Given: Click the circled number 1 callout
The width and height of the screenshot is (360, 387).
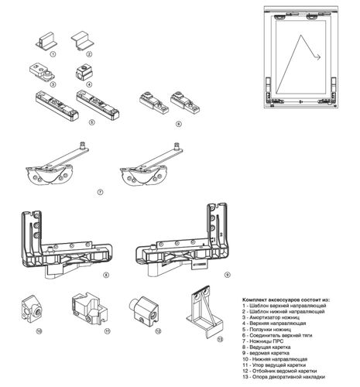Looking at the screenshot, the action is (53, 54).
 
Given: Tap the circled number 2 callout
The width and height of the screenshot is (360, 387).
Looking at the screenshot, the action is (89, 54).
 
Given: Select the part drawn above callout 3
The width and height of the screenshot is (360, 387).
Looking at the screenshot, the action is (42, 73).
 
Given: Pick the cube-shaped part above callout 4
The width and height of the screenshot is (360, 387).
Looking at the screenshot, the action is (84, 72).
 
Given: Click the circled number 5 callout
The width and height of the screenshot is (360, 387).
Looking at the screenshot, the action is (92, 122).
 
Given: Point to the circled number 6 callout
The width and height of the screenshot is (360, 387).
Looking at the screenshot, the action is (179, 124).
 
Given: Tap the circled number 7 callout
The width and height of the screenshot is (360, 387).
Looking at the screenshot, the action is (100, 192).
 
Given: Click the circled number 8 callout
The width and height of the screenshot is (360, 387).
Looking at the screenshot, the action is (106, 275).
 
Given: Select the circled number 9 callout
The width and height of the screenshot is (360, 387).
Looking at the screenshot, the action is (227, 275).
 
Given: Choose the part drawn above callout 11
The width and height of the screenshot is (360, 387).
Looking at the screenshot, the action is (89, 309).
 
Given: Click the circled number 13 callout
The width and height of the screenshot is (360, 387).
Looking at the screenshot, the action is (220, 339).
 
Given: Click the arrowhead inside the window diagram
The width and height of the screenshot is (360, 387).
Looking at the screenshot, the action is (318, 57).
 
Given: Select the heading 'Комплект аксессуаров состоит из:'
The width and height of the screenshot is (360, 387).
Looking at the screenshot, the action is (286, 300).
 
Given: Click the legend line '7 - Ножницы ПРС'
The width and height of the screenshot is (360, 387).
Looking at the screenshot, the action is (262, 341).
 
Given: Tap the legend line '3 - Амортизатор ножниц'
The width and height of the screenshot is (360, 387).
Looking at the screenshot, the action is (271, 317).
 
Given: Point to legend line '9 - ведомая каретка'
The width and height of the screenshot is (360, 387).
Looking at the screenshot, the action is (266, 353).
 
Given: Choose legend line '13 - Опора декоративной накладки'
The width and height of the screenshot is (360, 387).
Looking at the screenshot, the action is (283, 377).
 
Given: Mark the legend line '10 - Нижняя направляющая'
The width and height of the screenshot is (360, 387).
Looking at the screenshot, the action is (275, 359).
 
